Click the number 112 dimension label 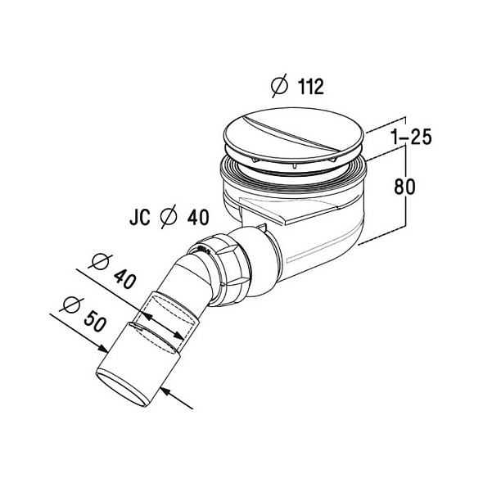click(311, 87)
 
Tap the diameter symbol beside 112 click(279, 85)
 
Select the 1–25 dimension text click(412, 137)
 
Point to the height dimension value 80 click(404, 186)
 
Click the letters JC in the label click(139, 217)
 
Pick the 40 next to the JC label click(198, 217)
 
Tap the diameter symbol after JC click(169, 216)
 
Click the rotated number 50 click(96, 321)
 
